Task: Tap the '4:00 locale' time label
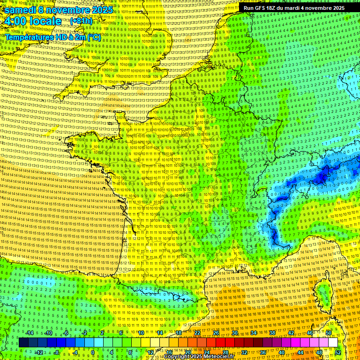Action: pos(32,21)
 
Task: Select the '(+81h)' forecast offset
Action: pos(81,21)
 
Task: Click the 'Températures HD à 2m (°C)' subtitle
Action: pos(53,37)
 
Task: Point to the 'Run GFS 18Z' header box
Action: pos(293,8)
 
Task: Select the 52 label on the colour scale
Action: pos(338,352)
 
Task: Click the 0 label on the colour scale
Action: pos(92,352)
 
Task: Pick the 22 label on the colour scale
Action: pos(197,333)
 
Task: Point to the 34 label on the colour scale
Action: pos(254,333)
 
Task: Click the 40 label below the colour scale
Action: pos(282,352)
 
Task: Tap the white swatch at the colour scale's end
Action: pos(333,343)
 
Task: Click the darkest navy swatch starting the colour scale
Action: pos(23,343)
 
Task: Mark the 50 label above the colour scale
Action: pos(329,333)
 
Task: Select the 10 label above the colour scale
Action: pos(141,333)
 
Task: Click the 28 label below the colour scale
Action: pos(225,352)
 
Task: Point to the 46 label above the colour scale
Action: pos(310,333)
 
